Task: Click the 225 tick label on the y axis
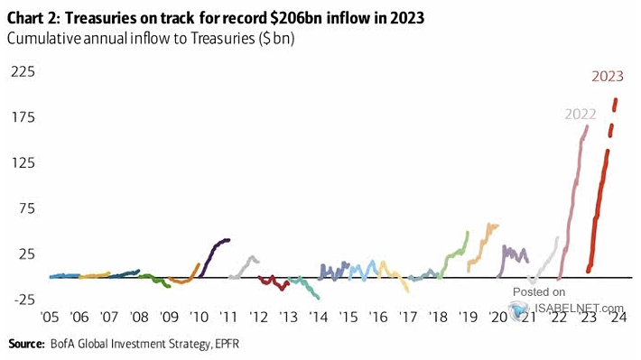[22, 71]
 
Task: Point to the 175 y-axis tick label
[22, 117]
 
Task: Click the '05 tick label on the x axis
[51, 318]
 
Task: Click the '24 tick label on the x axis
[617, 318]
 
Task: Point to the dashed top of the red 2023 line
[614, 113]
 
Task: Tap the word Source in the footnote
[26, 344]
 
